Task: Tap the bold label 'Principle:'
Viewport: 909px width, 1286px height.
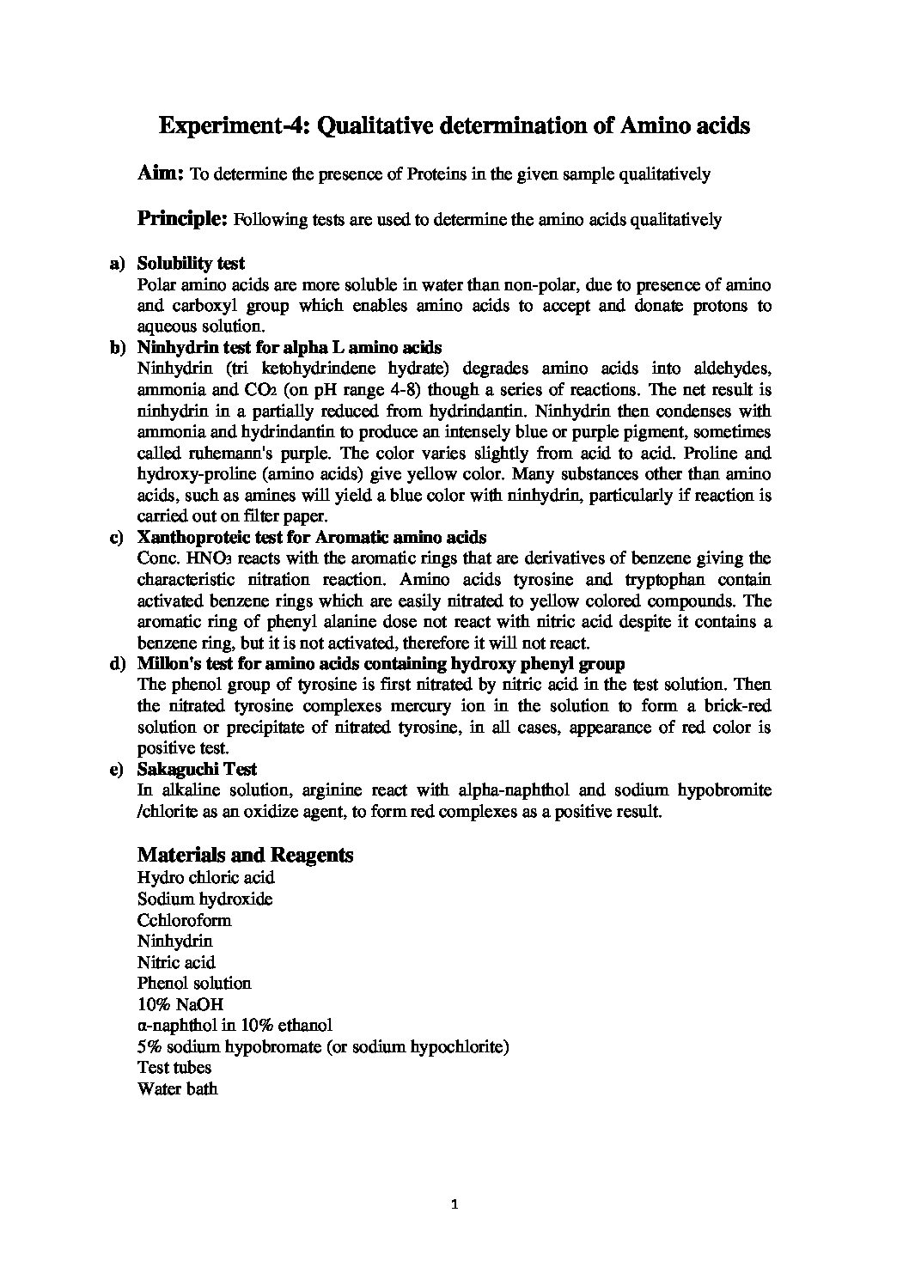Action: pos(182,218)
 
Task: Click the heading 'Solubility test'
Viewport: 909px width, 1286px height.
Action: pos(191,264)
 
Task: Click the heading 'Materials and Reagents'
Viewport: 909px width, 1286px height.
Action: pos(245,855)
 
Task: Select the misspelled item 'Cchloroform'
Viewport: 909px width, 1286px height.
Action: pos(184,920)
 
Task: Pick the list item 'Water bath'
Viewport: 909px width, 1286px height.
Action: pos(177,1088)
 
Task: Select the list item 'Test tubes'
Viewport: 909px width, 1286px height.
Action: pos(174,1068)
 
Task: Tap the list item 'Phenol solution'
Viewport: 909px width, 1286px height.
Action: pos(194,983)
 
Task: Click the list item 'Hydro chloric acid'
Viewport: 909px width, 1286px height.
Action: pos(205,878)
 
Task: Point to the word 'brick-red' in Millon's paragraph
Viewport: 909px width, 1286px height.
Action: pos(736,706)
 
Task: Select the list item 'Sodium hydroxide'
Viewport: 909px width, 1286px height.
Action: pos(204,899)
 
